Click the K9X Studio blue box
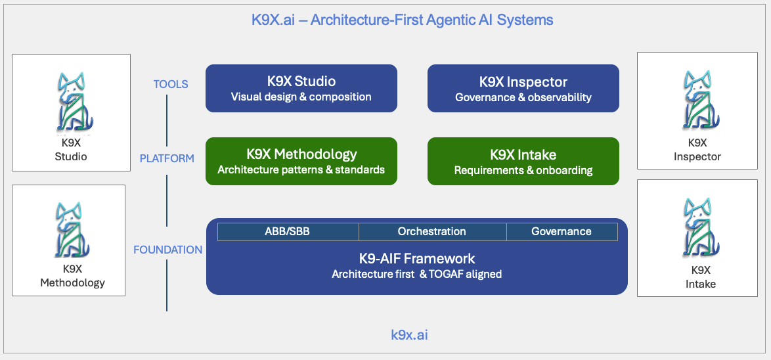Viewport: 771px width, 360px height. coord(301,88)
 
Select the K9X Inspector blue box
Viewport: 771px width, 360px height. coord(523,88)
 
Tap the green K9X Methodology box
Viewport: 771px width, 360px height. coord(301,161)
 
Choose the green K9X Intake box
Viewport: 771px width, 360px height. coord(523,161)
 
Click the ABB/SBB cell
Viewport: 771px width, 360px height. coord(288,231)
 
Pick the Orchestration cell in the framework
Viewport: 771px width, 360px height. coord(431,231)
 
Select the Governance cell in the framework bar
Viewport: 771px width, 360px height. coord(561,231)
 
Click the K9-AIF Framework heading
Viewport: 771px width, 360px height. coord(416,258)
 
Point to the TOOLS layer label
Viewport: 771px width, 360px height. coord(171,84)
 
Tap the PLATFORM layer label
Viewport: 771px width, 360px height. coord(167,158)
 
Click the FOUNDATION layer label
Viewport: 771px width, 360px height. coord(167,250)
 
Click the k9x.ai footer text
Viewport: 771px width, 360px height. coord(409,335)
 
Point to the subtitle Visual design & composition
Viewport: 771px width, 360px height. coord(301,97)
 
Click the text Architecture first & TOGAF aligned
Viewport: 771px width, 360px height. coord(416,274)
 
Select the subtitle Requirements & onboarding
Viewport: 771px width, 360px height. coord(523,171)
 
